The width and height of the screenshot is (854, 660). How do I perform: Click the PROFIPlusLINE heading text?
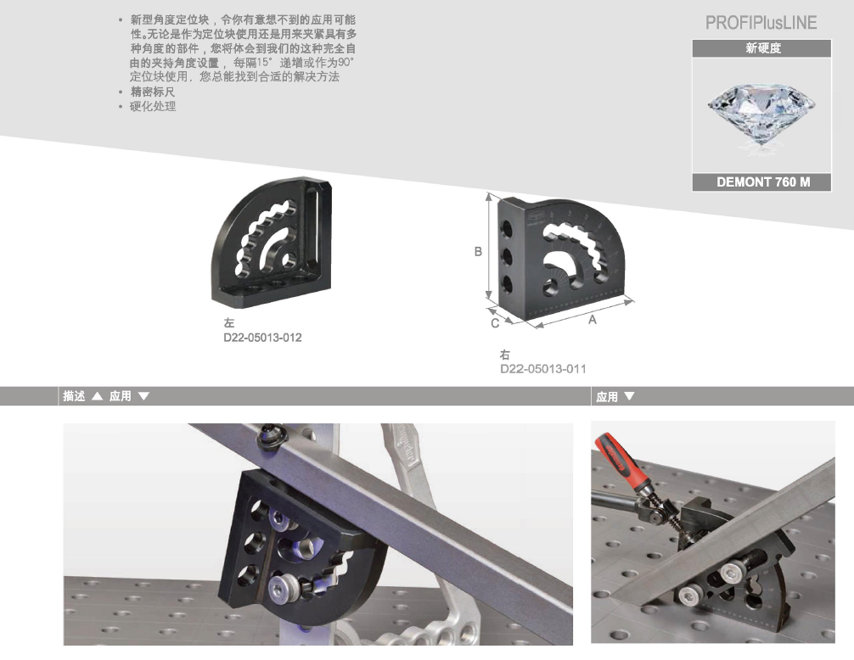tap(761, 23)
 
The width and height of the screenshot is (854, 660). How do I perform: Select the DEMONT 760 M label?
tap(762, 182)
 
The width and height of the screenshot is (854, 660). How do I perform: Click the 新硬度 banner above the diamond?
tap(763, 48)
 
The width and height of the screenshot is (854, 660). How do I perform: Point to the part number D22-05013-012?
tap(262, 338)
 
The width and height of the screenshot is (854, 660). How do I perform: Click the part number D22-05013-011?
tap(543, 369)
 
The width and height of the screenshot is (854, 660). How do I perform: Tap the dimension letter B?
tap(478, 251)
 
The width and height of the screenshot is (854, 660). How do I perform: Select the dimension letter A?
tap(592, 319)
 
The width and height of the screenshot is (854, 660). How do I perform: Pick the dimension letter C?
tap(495, 323)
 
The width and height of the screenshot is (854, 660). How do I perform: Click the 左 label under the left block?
tap(228, 323)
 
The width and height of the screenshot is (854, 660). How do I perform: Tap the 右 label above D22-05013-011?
tap(505, 355)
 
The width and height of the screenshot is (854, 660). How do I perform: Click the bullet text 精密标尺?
tap(153, 92)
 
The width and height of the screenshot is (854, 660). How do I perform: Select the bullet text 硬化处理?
tap(153, 107)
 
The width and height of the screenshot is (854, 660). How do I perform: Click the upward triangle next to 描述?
tap(97, 396)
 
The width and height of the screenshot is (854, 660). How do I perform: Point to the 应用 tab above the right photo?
tap(607, 397)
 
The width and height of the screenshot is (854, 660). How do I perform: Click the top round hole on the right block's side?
tap(507, 228)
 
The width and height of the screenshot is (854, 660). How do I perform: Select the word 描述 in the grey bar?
tap(74, 396)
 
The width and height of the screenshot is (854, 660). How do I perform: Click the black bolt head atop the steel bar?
tap(272, 435)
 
